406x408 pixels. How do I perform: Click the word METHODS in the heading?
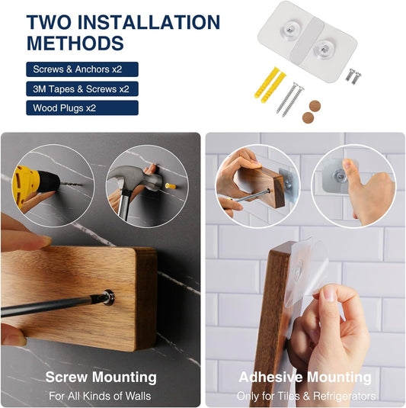tap(75, 43)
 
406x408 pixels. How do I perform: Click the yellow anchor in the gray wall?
tap(171, 186)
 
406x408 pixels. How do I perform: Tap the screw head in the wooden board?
tap(109, 297)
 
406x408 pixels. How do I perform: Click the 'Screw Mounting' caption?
tap(101, 377)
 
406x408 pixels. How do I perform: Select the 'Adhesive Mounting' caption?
tap(305, 377)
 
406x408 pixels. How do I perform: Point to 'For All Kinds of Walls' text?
tap(100, 396)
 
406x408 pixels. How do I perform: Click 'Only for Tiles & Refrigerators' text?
tap(306, 396)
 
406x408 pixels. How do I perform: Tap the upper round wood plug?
tap(315, 106)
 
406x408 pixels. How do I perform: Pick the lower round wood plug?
tap(308, 117)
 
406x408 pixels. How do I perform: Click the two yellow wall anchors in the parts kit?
tap(270, 84)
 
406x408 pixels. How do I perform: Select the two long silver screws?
tap(290, 99)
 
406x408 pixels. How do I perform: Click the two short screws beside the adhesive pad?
tap(353, 76)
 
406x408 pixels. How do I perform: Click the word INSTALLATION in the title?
tap(149, 22)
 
